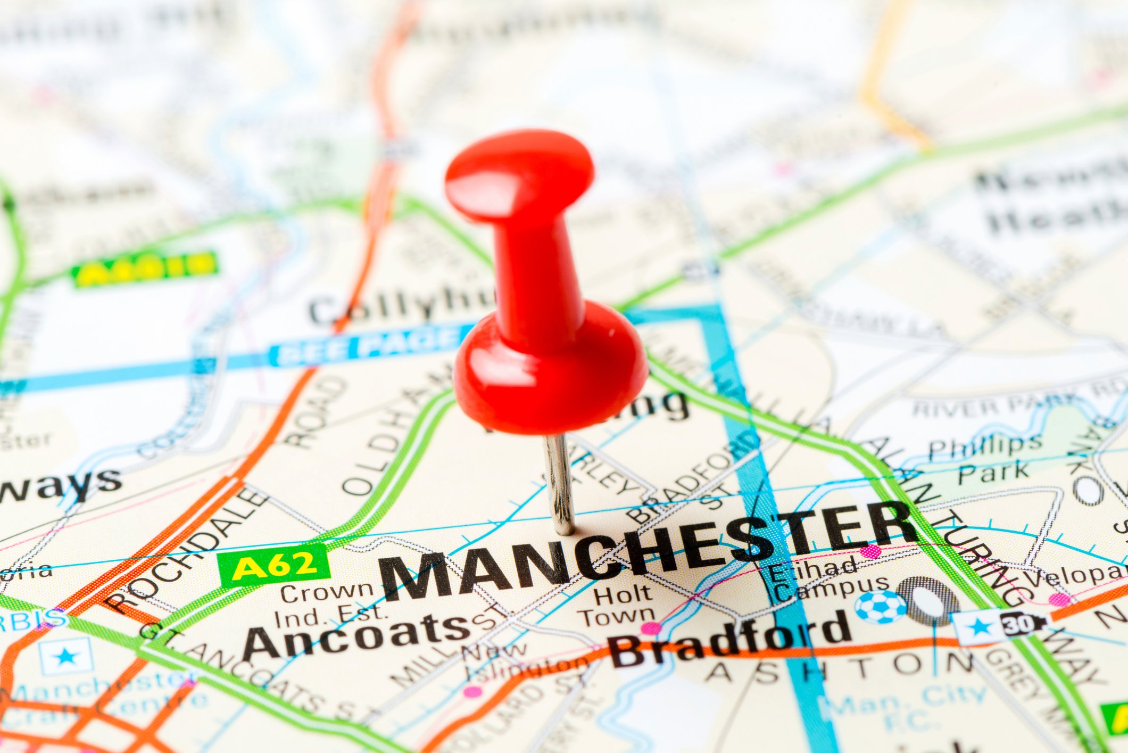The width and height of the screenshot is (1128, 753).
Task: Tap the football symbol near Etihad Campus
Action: [x=880, y=607]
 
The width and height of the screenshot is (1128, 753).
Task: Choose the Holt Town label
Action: [x=620, y=606]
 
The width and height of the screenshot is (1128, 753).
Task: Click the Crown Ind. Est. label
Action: [x=329, y=604]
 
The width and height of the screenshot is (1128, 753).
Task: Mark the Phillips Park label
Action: [x=984, y=458]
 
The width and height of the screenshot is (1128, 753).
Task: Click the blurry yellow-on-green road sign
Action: [x=145, y=268]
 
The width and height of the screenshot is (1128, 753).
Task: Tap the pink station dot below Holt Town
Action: [x=650, y=628]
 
